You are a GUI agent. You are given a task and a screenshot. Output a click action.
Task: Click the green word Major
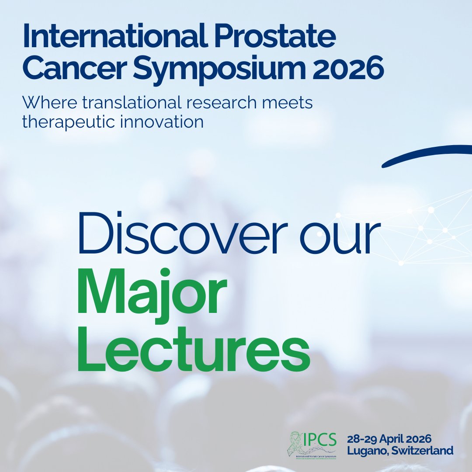pos(152,294)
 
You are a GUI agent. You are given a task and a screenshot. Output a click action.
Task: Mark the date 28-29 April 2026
pos(389,438)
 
